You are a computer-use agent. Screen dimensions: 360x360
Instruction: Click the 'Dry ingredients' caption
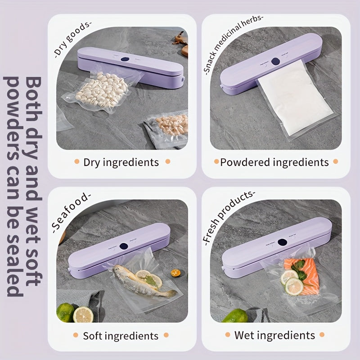(x=121, y=162)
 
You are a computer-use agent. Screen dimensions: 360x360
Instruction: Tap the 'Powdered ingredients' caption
(x=274, y=162)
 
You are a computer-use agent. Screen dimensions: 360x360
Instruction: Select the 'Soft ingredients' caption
(x=121, y=336)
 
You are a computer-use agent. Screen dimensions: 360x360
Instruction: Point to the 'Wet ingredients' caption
(x=274, y=335)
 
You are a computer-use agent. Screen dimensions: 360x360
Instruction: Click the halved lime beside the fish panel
(x=83, y=315)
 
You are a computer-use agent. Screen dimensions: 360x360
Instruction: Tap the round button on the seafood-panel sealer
(x=123, y=247)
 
